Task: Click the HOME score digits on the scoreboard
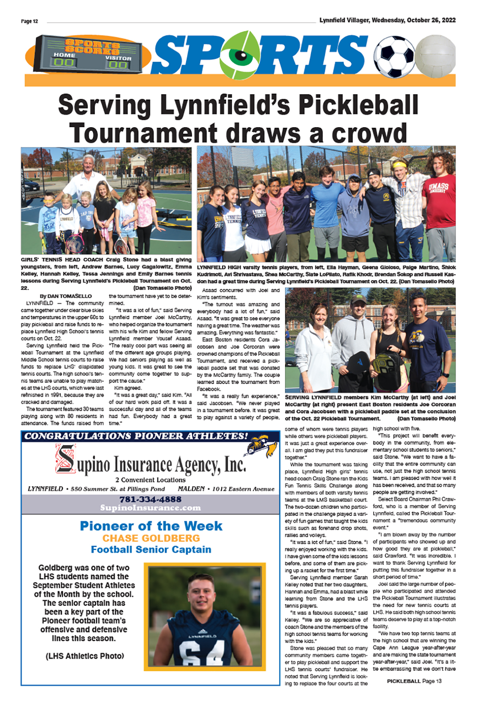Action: [64, 62]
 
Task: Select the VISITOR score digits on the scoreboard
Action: [118, 65]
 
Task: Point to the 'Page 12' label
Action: [29, 21]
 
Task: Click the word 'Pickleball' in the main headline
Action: [358, 105]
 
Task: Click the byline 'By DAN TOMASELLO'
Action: [66, 296]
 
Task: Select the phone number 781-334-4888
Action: [150, 499]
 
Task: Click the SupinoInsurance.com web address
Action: [150, 508]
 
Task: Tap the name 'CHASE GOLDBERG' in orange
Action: [151, 538]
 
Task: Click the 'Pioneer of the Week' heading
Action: [151, 526]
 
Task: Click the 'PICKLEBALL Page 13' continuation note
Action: [414, 681]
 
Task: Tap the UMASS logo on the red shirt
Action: [439, 188]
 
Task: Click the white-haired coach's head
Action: [88, 163]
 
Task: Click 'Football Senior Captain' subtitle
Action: [151, 550]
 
